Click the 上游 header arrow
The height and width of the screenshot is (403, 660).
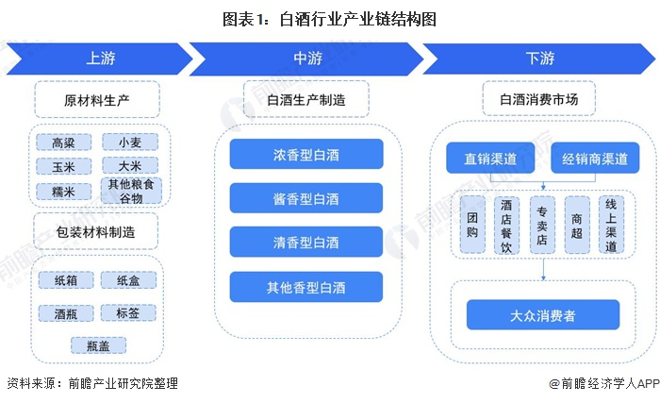pyautogui.click(x=99, y=59)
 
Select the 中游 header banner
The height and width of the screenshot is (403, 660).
pyautogui.click(x=306, y=59)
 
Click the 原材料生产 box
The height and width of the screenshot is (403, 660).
pyautogui.click(x=98, y=99)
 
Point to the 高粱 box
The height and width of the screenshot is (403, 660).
pyautogui.click(x=63, y=143)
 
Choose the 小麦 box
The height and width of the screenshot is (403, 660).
pyautogui.click(x=129, y=143)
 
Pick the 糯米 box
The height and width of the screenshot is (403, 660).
pyautogui.click(x=63, y=192)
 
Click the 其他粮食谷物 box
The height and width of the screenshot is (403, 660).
pyautogui.click(x=129, y=192)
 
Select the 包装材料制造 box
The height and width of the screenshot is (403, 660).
pyautogui.click(x=96, y=231)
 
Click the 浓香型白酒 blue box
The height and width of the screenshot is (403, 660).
pyautogui.click(x=306, y=154)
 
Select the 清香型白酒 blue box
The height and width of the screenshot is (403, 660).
pyautogui.click(x=306, y=243)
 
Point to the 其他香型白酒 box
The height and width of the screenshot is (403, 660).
pyautogui.click(x=306, y=287)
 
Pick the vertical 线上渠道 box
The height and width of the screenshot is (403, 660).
pyautogui.click(x=611, y=225)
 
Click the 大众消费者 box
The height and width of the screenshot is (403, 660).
pyautogui.click(x=543, y=313)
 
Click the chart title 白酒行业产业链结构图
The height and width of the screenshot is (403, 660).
pyautogui.click(x=330, y=18)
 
